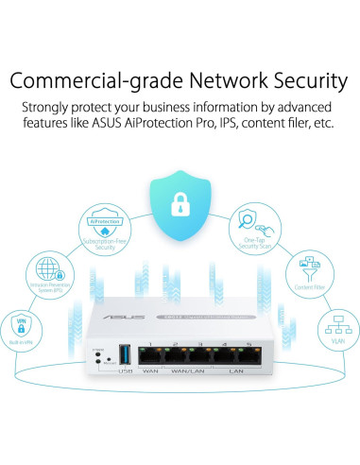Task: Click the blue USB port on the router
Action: click(x=121, y=358)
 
